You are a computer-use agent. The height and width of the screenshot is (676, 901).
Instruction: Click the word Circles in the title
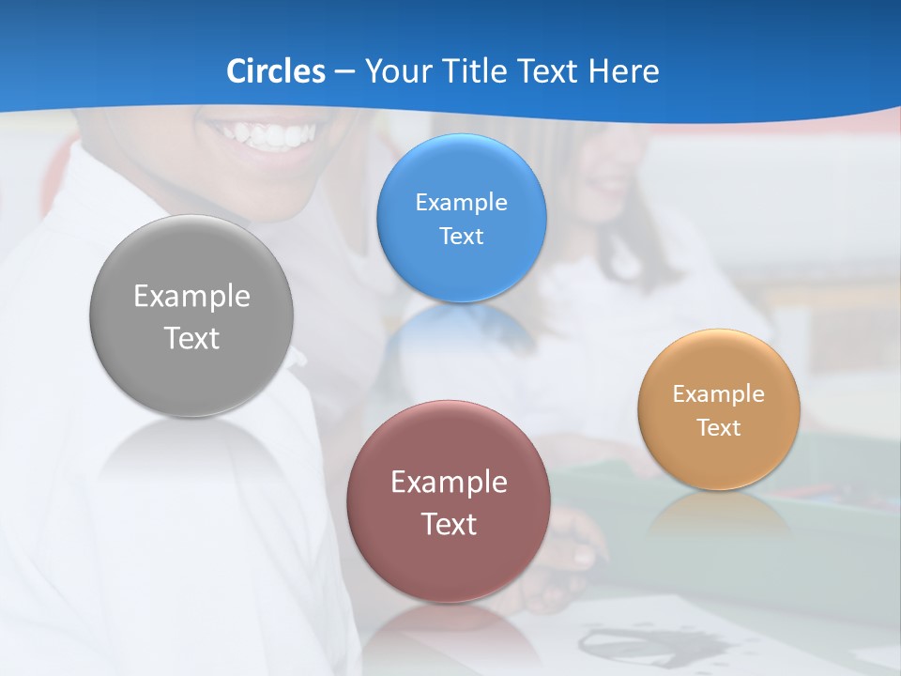coord(275,70)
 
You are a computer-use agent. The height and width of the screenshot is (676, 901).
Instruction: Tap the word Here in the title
coord(623,70)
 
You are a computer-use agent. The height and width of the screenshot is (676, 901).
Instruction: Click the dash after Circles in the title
coord(344,72)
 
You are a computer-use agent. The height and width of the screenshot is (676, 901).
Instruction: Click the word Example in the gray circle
coord(191,297)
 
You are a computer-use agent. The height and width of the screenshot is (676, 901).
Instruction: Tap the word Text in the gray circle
coord(191,339)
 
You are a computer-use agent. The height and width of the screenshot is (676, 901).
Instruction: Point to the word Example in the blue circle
coord(461,202)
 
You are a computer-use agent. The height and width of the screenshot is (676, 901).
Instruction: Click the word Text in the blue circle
coord(461,237)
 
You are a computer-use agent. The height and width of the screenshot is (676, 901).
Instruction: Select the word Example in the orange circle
coord(719,393)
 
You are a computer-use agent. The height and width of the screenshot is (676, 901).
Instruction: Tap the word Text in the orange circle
coord(719,428)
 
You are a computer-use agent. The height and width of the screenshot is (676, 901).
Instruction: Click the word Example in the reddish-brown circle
coord(449,483)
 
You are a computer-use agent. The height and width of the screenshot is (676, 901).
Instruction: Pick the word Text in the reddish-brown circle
coord(449,524)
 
